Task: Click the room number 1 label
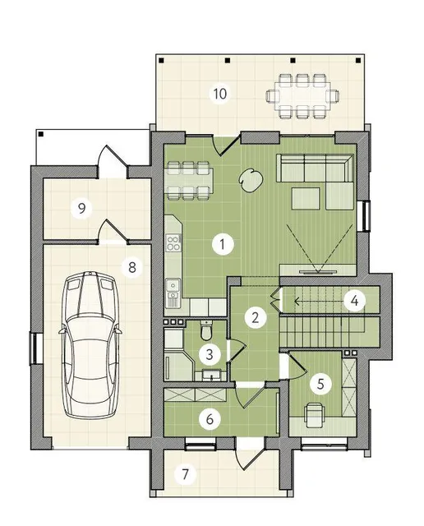(223, 244)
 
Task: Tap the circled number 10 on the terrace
(219, 94)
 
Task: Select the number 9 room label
(82, 209)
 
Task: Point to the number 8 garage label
(132, 267)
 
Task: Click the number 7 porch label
(185, 474)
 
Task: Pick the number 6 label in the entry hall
(210, 419)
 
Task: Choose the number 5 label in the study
(320, 384)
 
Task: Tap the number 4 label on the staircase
(354, 301)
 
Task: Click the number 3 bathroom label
(210, 354)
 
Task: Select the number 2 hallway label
(256, 317)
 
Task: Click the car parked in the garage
(90, 345)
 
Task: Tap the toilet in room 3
(205, 330)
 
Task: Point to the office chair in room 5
(315, 414)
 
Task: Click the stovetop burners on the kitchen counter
(173, 243)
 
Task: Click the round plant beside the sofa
(251, 181)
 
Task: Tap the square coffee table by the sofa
(305, 199)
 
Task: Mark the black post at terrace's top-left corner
(162, 61)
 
